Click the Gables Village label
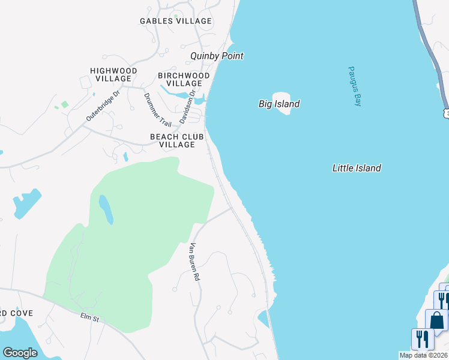click(x=176, y=21)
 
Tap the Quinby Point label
click(x=217, y=56)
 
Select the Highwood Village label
click(x=113, y=74)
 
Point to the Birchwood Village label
click(x=184, y=79)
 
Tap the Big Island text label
click(x=279, y=104)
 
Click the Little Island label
click(x=357, y=169)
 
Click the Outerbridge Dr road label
click(x=103, y=106)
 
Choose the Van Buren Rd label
click(x=194, y=262)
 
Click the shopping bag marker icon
click(x=436, y=321)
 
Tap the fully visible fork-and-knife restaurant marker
click(x=423, y=339)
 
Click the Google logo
click(x=20, y=353)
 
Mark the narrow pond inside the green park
click(x=105, y=209)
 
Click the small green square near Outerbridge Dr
click(x=64, y=104)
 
